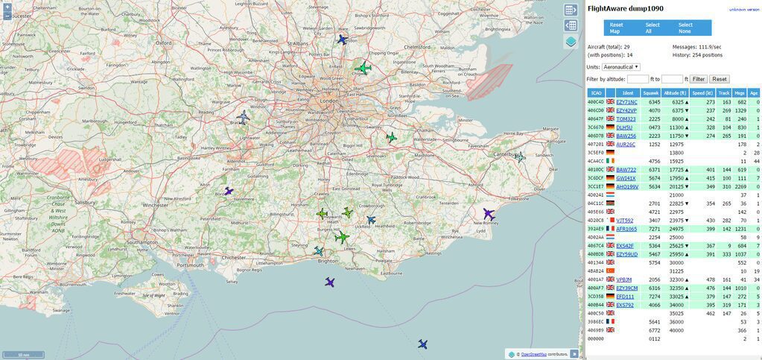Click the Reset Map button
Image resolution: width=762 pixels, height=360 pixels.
[x=616, y=28]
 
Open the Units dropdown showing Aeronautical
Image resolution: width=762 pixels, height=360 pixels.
[x=620, y=67]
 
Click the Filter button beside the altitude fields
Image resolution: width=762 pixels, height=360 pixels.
[x=698, y=79]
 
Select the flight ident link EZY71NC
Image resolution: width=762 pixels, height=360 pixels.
[x=626, y=102]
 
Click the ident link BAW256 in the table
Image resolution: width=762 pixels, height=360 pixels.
[x=626, y=136]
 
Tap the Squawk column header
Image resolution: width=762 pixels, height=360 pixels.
[x=651, y=92]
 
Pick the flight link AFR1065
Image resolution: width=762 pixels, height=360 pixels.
[x=626, y=229]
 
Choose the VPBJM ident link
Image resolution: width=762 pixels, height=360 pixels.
[x=624, y=280]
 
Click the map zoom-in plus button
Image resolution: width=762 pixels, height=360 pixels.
[x=7, y=7]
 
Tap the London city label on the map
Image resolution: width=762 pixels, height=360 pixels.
[x=328, y=101]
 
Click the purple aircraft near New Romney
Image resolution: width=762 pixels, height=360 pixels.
[x=489, y=214]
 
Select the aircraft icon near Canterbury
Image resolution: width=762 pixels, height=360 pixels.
[x=520, y=157]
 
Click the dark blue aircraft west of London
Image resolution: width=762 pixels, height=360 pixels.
[x=244, y=117]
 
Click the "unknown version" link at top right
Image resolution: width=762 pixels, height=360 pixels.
[x=743, y=9]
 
